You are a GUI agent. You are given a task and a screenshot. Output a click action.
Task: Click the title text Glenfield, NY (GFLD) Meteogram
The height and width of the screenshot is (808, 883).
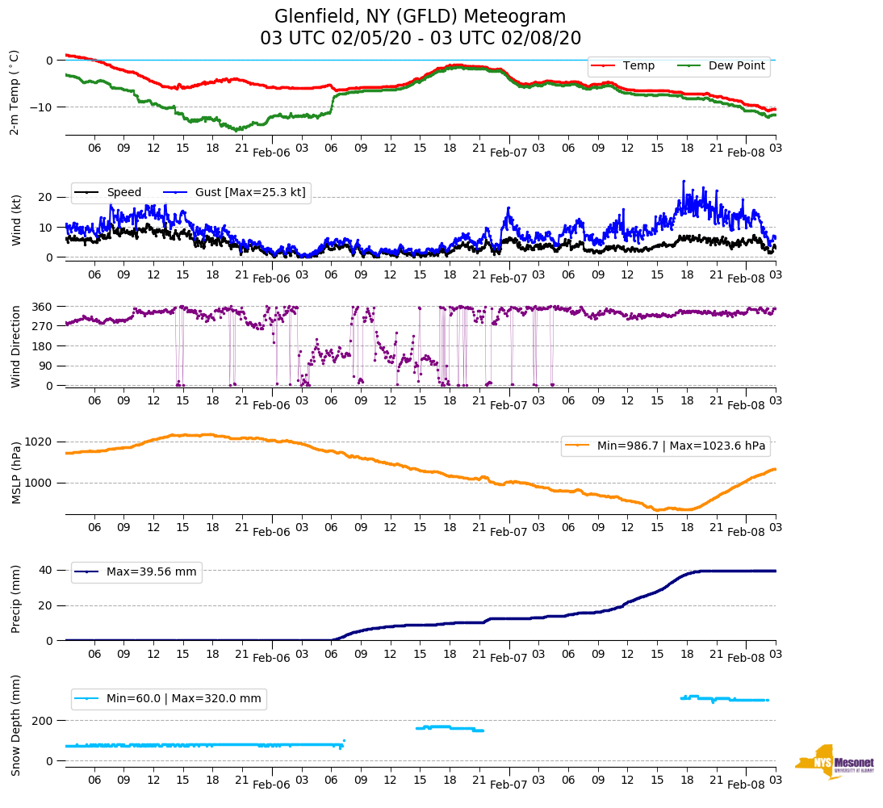coord(420,16)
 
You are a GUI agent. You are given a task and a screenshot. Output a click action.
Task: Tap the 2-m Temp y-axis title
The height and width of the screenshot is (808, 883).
coord(14,92)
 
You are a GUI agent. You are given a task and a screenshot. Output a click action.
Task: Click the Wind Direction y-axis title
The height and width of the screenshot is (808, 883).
coord(16,346)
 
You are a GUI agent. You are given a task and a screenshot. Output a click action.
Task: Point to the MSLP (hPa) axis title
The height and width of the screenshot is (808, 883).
coord(16,473)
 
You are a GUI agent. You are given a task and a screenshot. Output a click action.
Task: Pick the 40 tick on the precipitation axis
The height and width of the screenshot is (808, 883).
coord(47,570)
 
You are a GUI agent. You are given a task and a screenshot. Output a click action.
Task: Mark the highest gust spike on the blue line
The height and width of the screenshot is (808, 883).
coord(683,182)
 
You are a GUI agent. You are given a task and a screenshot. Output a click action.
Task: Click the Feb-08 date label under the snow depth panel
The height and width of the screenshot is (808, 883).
coord(746,785)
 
